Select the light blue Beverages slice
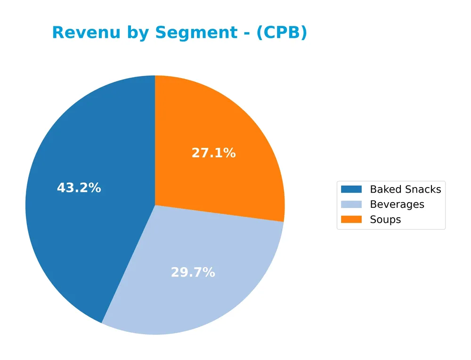point(198,292)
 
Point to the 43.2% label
point(79,188)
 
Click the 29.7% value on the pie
point(193,272)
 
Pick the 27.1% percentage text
point(213,153)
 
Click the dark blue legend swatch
point(351,189)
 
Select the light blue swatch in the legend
point(351,205)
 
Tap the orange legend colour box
point(351,220)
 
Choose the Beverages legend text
point(397,205)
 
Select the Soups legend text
point(385,220)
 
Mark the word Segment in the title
point(197,33)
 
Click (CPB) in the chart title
point(282,33)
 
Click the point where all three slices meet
point(155,205)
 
